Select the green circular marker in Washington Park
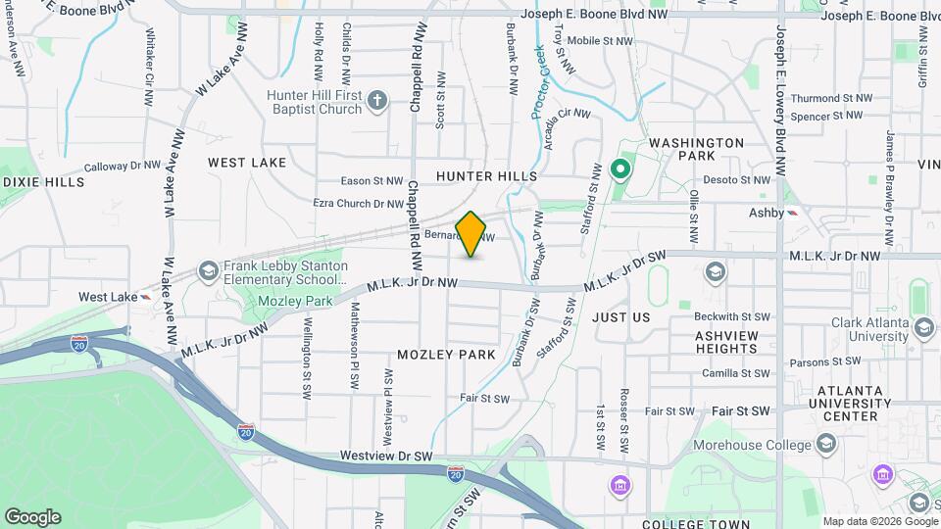(619, 170)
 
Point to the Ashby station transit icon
(793, 213)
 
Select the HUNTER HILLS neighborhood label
(486, 176)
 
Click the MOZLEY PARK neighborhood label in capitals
(446, 354)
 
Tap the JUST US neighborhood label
(620, 317)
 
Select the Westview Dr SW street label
(386, 457)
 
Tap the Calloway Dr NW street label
(121, 168)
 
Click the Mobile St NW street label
(596, 41)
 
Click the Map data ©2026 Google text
(878, 521)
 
